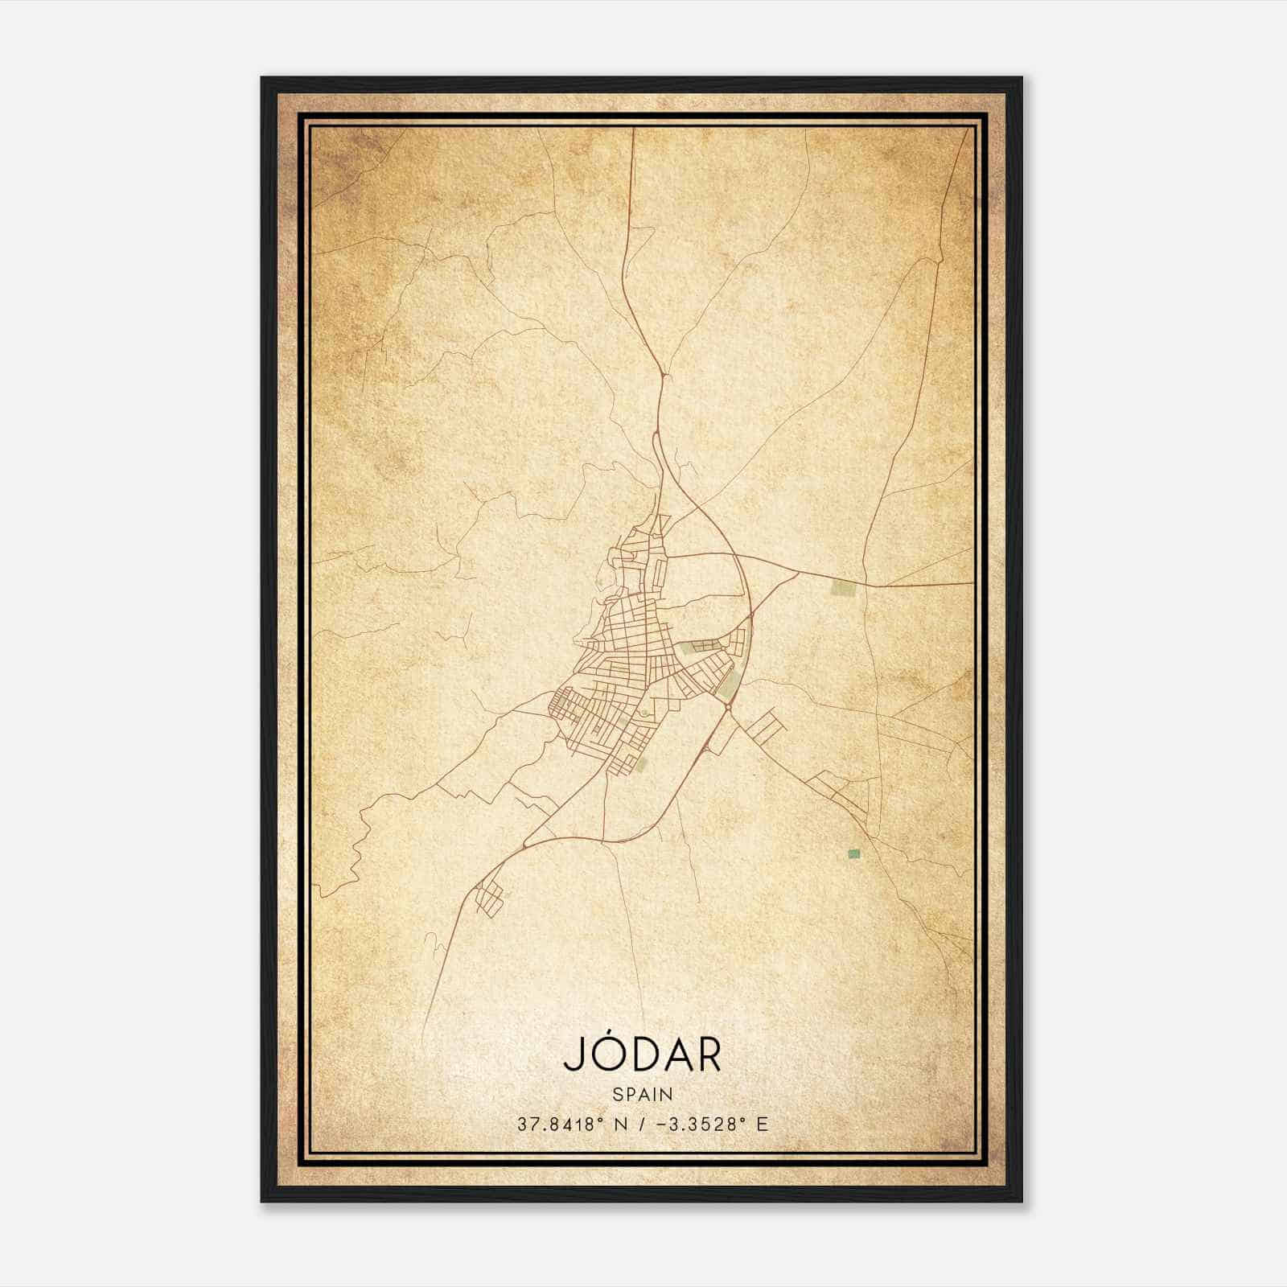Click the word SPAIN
643,1094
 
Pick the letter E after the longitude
762,1124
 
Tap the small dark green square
853,853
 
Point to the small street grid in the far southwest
488,898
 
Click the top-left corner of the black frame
262,78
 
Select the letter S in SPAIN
617,1094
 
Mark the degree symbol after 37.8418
601,1119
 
